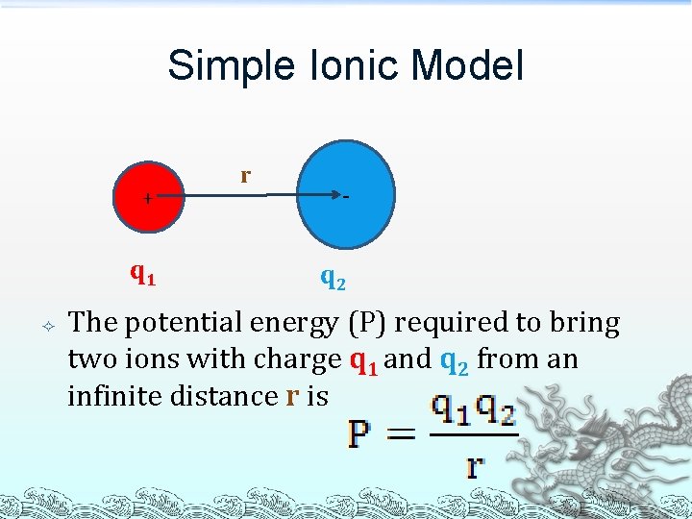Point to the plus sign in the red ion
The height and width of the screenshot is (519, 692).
(146, 199)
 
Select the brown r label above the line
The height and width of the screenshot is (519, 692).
(245, 175)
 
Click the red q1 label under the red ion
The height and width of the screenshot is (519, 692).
(143, 275)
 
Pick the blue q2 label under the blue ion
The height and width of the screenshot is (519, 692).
(334, 279)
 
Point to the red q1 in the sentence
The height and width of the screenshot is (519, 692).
(363, 360)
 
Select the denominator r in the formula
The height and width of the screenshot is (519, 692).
(475, 466)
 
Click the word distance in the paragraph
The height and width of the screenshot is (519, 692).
(230, 395)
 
